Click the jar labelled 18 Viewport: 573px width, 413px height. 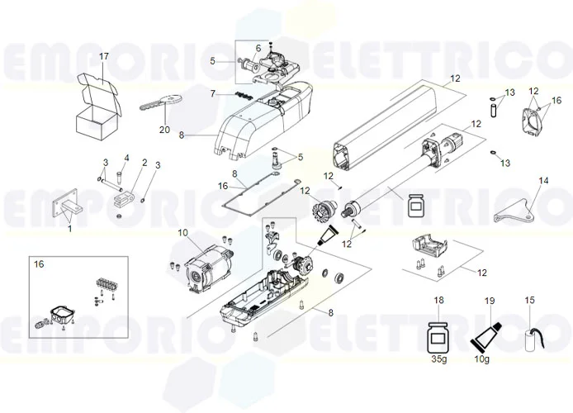tap(438, 337)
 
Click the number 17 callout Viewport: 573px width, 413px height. tap(104, 56)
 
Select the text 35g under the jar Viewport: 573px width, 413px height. tap(438, 361)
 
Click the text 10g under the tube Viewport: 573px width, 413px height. tap(484, 361)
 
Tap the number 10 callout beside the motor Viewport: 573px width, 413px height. tap(183, 234)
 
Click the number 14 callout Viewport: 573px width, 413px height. tap(543, 179)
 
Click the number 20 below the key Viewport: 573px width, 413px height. tap(164, 129)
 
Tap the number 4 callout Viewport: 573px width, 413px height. tap(126, 157)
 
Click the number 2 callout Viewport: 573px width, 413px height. tap(144, 162)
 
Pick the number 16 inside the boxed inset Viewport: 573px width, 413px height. tap(39, 264)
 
